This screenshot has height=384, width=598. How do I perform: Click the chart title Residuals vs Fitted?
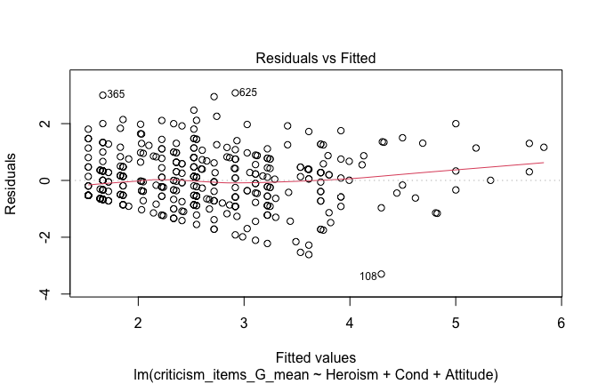point(316,59)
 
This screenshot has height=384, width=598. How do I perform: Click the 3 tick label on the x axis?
point(244,322)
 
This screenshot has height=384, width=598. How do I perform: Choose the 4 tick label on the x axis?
point(350,322)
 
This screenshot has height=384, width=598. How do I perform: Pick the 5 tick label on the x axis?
point(456,322)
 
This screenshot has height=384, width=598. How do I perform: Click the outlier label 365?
point(117,95)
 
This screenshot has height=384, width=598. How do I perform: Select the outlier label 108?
point(368,276)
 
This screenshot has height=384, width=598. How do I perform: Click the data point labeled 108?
point(381,274)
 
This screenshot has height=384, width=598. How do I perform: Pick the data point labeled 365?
point(102,95)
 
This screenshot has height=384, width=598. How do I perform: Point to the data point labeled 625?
point(235,92)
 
